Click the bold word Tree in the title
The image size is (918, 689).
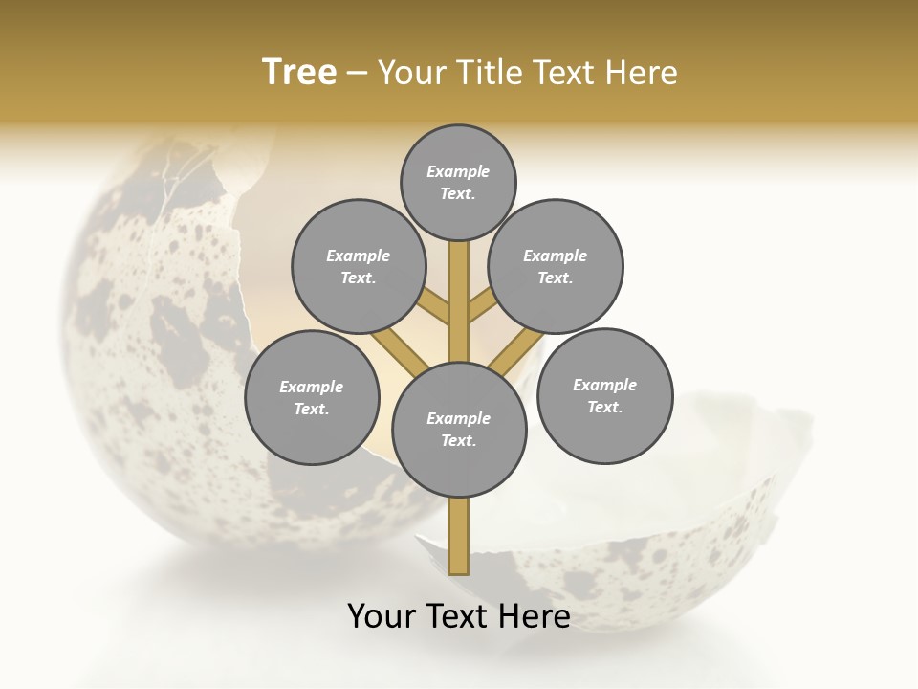point(299,73)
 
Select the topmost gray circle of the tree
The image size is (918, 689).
point(458,182)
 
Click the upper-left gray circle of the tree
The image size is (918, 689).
point(359,266)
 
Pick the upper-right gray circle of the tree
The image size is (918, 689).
point(556,266)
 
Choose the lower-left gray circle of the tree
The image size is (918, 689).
point(312,397)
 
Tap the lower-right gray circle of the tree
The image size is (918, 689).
point(605,395)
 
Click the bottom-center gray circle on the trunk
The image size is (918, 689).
point(459,429)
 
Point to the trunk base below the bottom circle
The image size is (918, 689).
point(459,536)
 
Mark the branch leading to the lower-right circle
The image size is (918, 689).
point(516,349)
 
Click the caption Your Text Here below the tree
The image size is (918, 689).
point(459,615)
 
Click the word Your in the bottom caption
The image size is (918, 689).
point(382,615)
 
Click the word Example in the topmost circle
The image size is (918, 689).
point(458,171)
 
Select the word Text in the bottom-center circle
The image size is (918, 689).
point(457,440)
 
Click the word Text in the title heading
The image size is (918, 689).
point(572,73)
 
